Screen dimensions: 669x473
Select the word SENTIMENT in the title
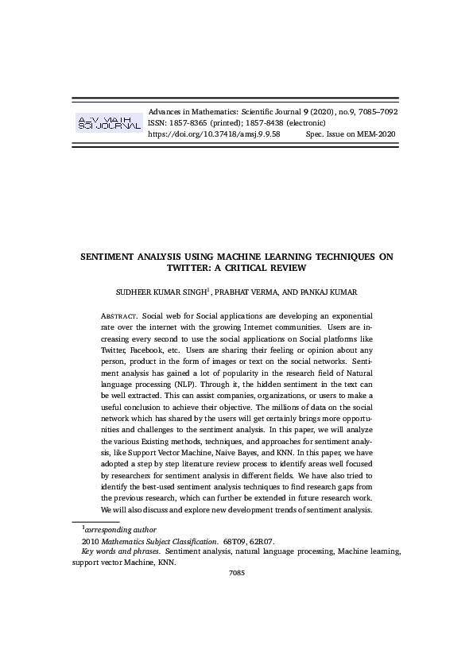(111, 257)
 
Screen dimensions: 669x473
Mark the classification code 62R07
(262, 540)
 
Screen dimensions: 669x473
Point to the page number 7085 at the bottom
(236, 572)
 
